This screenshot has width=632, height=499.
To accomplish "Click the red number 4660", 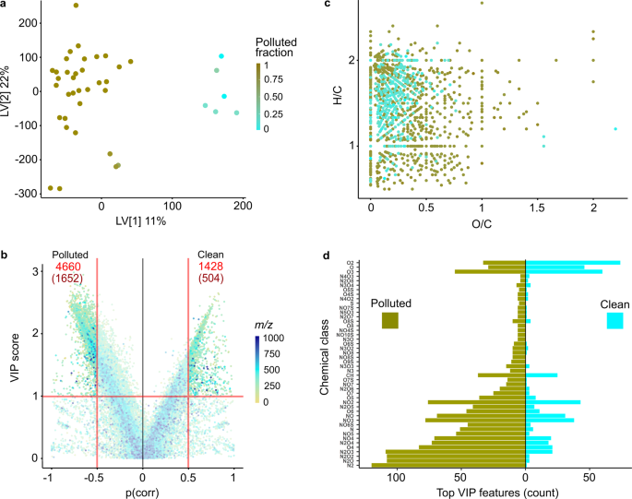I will [x=70, y=267].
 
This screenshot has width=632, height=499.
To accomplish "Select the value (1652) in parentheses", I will [x=70, y=281].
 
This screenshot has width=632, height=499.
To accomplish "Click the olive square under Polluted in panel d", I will [x=389, y=320].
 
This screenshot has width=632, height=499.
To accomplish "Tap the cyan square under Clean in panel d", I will [x=614, y=320].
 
